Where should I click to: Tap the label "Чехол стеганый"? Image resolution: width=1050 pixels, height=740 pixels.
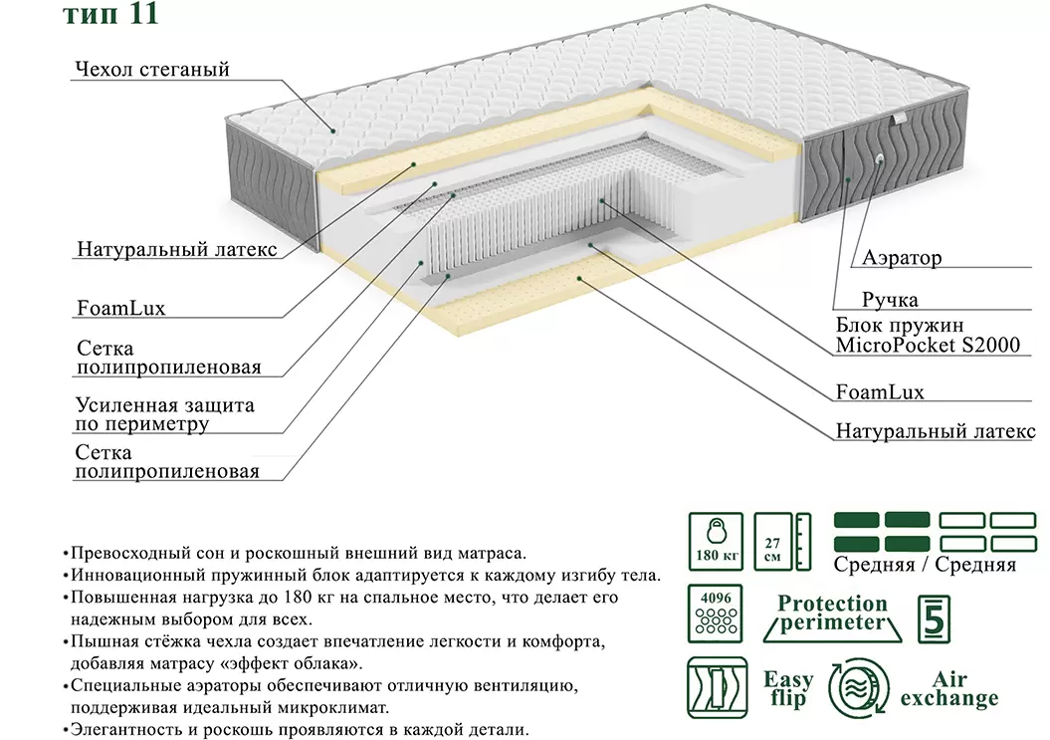[x=151, y=70]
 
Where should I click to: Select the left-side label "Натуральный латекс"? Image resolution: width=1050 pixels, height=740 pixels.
[x=176, y=249]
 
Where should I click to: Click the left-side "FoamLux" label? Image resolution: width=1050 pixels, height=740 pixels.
[x=120, y=308]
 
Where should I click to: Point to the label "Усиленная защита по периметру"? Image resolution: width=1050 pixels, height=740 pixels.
[x=164, y=414]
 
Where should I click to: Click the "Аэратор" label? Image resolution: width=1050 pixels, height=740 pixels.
[x=902, y=259]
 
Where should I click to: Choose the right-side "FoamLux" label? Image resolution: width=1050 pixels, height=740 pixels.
[x=880, y=391]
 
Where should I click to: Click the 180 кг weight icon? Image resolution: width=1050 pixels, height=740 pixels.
[x=715, y=542]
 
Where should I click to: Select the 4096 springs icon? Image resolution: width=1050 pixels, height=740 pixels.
[x=715, y=614]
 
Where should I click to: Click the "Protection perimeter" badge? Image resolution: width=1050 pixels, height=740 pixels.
[x=832, y=614]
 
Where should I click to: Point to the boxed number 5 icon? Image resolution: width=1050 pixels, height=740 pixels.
[x=934, y=617]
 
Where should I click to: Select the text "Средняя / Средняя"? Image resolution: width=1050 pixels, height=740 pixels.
[x=925, y=565]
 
